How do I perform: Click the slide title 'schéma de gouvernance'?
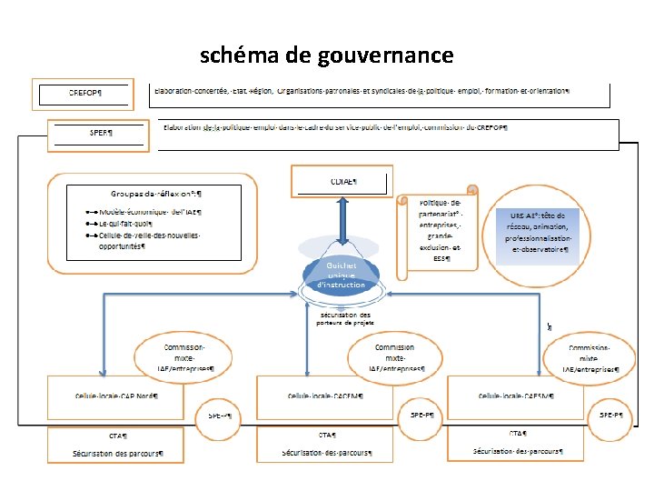click(x=326, y=55)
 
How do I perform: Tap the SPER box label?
click(x=101, y=132)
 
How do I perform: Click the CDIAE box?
click(x=342, y=181)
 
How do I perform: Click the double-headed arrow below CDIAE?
click(x=341, y=226)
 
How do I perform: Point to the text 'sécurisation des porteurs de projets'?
click(x=344, y=318)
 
